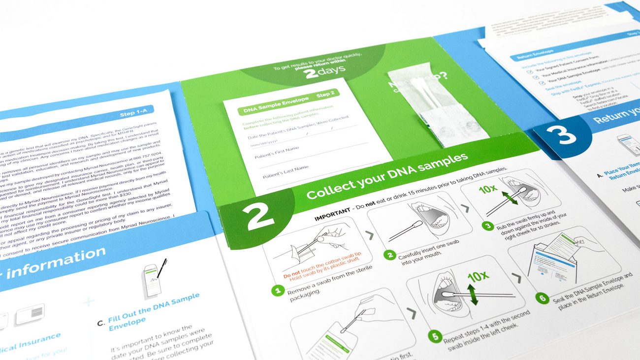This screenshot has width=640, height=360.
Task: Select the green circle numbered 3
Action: tap(487, 226)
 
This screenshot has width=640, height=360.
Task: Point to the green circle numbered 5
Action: tap(435, 337)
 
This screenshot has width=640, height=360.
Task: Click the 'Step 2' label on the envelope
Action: tap(325, 94)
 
